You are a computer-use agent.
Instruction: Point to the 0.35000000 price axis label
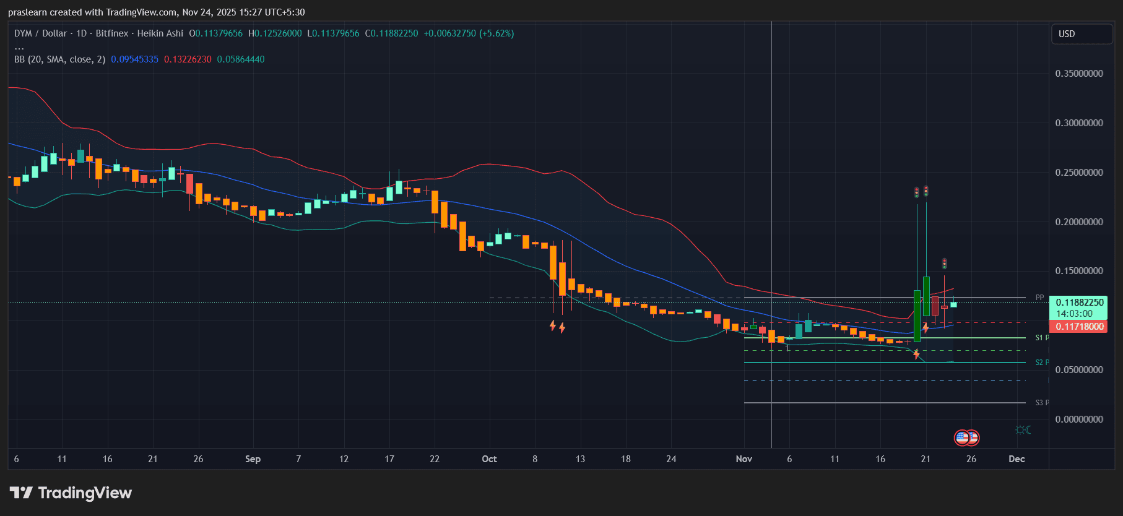pyautogui.click(x=1079, y=74)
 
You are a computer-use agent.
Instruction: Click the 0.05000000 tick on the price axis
pyautogui.click(x=1079, y=370)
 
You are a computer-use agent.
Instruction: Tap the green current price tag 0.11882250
pyautogui.click(x=1079, y=303)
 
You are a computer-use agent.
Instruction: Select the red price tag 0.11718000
pyautogui.click(x=1079, y=327)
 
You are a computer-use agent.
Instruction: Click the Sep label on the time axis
pyautogui.click(x=253, y=459)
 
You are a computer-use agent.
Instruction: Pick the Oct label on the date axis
pyautogui.click(x=489, y=459)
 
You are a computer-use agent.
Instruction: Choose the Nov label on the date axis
pyautogui.click(x=744, y=459)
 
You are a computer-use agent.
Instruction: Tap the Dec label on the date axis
pyautogui.click(x=1017, y=459)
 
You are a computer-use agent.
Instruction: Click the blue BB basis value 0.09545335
pyautogui.click(x=134, y=59)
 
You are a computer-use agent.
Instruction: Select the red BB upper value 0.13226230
pyautogui.click(x=188, y=59)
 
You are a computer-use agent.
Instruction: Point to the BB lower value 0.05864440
pyautogui.click(x=241, y=59)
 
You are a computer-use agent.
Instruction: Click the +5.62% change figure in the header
pyautogui.click(x=496, y=33)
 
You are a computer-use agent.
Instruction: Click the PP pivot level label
pyautogui.click(x=1039, y=298)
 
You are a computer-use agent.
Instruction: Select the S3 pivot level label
pyautogui.click(x=1040, y=403)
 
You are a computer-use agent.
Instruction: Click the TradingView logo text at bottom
pyautogui.click(x=85, y=493)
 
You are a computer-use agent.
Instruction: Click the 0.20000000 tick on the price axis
pyautogui.click(x=1079, y=222)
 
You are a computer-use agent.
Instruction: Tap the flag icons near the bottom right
pyautogui.click(x=966, y=438)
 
